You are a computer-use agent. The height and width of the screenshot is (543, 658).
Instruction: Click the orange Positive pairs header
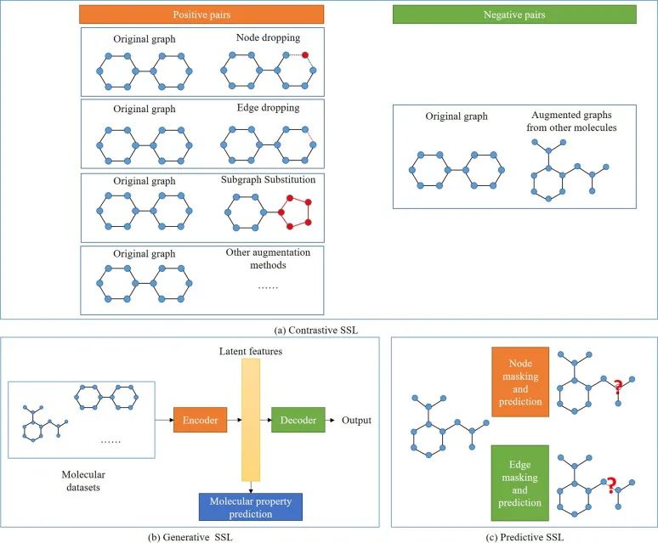(x=201, y=14)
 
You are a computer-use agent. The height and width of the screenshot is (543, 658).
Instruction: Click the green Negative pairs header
(x=514, y=14)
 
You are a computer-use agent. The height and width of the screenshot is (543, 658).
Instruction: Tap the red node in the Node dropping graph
(x=305, y=55)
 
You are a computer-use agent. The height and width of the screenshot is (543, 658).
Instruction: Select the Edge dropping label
(x=268, y=108)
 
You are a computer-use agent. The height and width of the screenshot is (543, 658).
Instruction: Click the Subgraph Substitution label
(x=268, y=179)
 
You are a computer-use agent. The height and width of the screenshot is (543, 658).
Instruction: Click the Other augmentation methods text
(x=268, y=258)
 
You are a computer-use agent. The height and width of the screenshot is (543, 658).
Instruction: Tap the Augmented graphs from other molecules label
(x=571, y=122)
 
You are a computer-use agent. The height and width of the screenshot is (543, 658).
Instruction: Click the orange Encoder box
(x=200, y=420)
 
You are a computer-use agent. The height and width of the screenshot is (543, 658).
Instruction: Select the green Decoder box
(x=298, y=420)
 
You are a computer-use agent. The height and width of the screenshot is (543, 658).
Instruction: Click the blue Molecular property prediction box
(x=251, y=507)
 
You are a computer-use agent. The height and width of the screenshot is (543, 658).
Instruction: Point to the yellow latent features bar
(x=251, y=419)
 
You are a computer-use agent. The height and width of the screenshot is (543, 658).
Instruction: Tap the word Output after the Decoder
(x=356, y=420)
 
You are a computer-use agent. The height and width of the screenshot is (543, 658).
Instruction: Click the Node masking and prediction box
(x=520, y=382)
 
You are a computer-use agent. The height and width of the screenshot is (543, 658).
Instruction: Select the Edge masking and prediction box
(x=520, y=483)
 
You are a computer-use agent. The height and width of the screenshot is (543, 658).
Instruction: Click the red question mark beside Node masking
(x=617, y=386)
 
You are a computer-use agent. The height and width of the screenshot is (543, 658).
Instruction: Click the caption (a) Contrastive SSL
(x=316, y=331)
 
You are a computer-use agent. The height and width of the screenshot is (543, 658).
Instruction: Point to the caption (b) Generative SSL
(x=190, y=537)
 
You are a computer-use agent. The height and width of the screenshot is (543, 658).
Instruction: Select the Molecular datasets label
(x=83, y=481)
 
